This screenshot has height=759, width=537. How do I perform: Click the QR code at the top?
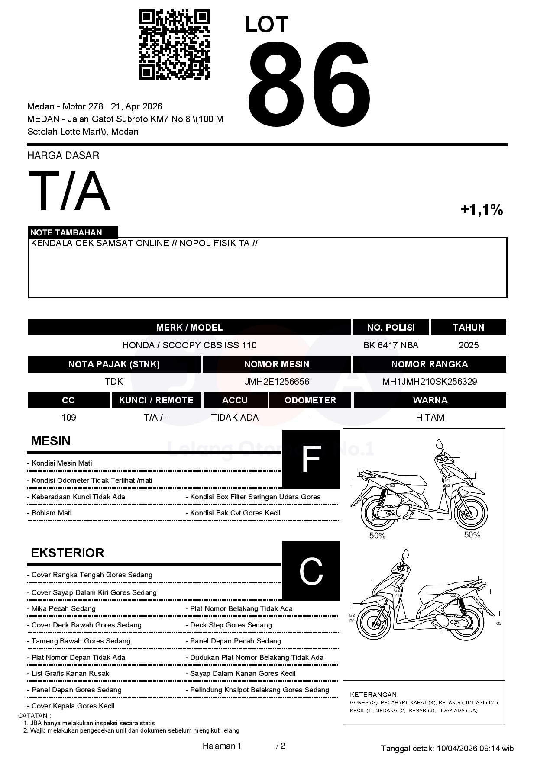pos(174,45)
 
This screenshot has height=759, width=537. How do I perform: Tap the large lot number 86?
pos(309,84)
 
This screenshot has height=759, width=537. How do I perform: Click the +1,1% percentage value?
pos(481,210)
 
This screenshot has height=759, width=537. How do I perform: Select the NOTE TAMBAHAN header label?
pos(66,232)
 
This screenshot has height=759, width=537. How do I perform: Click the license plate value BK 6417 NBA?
pos(391,345)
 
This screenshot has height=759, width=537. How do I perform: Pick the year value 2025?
pos(469,345)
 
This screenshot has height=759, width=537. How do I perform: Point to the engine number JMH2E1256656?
pos(277,382)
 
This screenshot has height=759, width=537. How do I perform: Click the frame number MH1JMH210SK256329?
pos(429,382)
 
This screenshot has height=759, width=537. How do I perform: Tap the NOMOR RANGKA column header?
pos(429,364)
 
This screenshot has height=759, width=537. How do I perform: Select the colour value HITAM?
pos(430,418)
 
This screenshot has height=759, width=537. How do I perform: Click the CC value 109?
pos(69,418)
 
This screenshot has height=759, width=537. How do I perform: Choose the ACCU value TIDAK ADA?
pos(235,418)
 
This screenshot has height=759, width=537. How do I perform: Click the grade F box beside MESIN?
pos(311,459)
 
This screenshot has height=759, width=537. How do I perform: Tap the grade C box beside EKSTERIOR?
pos(311,571)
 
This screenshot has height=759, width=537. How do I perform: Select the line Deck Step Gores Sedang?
pos(231,625)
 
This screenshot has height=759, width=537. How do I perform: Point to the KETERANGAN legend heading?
pos(373,695)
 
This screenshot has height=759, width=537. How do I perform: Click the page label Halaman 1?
pos(222,746)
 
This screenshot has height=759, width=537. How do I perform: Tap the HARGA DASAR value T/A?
pos(69,192)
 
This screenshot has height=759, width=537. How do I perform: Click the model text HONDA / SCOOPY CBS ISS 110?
pos(189,345)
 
